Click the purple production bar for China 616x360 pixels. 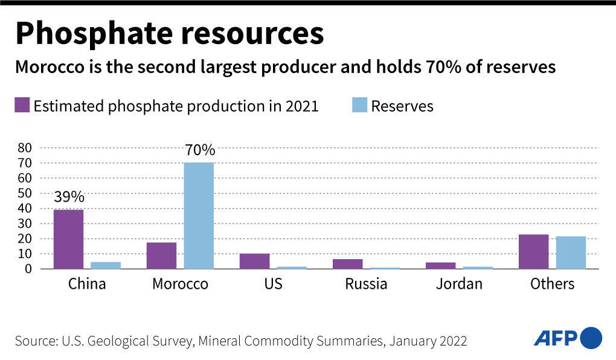click(x=68, y=239)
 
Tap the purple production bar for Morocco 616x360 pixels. click(x=161, y=256)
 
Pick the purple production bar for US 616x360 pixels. click(x=254, y=261)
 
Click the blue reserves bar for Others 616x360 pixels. click(x=571, y=252)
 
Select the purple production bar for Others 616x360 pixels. click(x=533, y=251)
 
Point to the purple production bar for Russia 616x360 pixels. click(x=347, y=264)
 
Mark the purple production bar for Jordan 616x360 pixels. click(x=440, y=265)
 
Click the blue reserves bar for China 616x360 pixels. click(x=106, y=265)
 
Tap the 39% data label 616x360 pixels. click(x=68, y=197)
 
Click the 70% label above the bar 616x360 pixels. click(x=199, y=150)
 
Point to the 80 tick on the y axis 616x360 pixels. click(x=24, y=148)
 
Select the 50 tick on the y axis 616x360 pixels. click(x=24, y=193)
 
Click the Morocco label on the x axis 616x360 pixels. click(x=180, y=284)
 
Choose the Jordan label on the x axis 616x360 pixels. click(x=459, y=284)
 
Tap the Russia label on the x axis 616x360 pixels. click(x=366, y=284)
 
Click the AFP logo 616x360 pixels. click(x=568, y=337)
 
